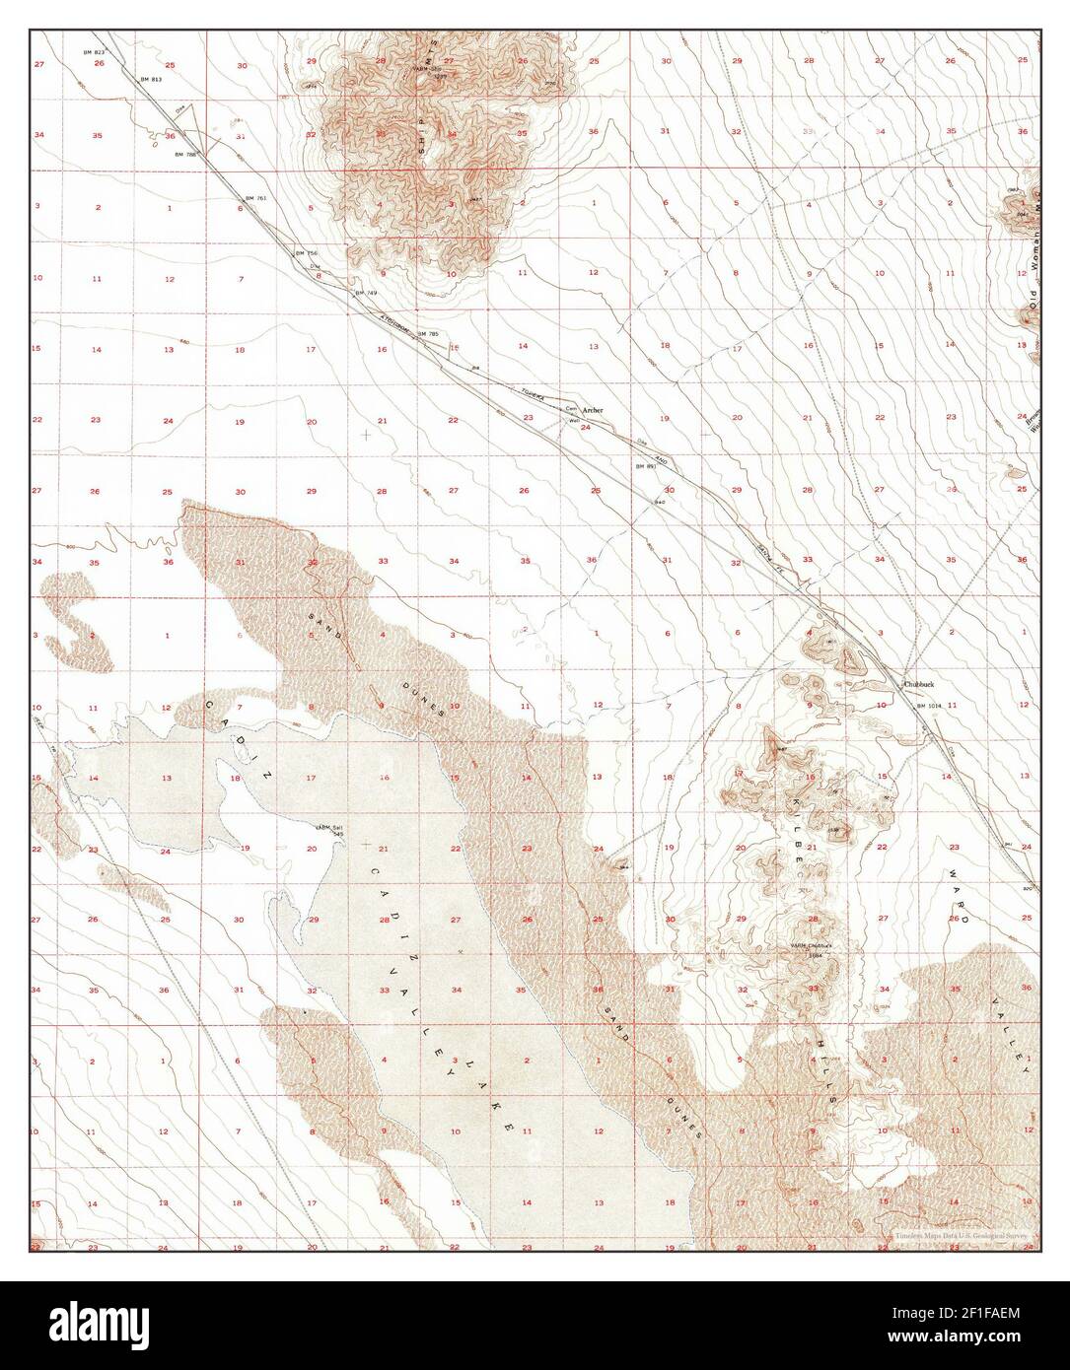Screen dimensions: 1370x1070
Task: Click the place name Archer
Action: coord(592,409)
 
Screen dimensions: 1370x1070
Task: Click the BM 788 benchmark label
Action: coord(184,155)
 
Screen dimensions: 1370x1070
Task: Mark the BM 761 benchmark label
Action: coord(256,198)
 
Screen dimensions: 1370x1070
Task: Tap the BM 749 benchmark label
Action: coord(366,293)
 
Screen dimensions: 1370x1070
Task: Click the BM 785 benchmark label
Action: coord(428,334)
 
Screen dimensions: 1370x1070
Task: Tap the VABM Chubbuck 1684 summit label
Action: coord(814,950)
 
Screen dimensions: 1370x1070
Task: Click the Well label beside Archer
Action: coord(571,419)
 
